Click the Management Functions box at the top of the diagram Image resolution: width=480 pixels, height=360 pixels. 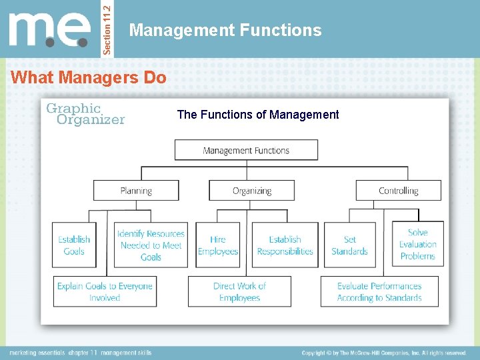point(246,150)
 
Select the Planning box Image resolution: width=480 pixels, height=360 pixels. point(136,190)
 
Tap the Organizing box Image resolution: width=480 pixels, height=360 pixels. point(251,190)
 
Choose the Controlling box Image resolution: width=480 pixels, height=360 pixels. point(398,190)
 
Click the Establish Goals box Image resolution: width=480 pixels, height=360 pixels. point(74,245)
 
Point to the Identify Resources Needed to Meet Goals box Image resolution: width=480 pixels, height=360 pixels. point(151,245)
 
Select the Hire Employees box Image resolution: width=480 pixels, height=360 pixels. point(218,245)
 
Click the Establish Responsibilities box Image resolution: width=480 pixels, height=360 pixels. point(285,245)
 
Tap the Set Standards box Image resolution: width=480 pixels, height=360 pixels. point(349,245)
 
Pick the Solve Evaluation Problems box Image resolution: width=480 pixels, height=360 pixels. point(417,244)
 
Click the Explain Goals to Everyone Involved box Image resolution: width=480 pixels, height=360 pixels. point(105,291)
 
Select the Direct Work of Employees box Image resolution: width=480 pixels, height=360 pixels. point(239,291)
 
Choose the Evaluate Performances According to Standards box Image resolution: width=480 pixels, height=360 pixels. point(379,291)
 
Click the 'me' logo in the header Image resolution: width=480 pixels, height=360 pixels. point(49,29)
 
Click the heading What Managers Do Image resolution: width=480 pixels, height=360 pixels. point(89,77)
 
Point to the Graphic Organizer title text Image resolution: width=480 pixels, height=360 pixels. point(85,113)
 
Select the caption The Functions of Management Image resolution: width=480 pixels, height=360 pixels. point(258,115)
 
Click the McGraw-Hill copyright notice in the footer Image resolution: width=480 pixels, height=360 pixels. point(384,353)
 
